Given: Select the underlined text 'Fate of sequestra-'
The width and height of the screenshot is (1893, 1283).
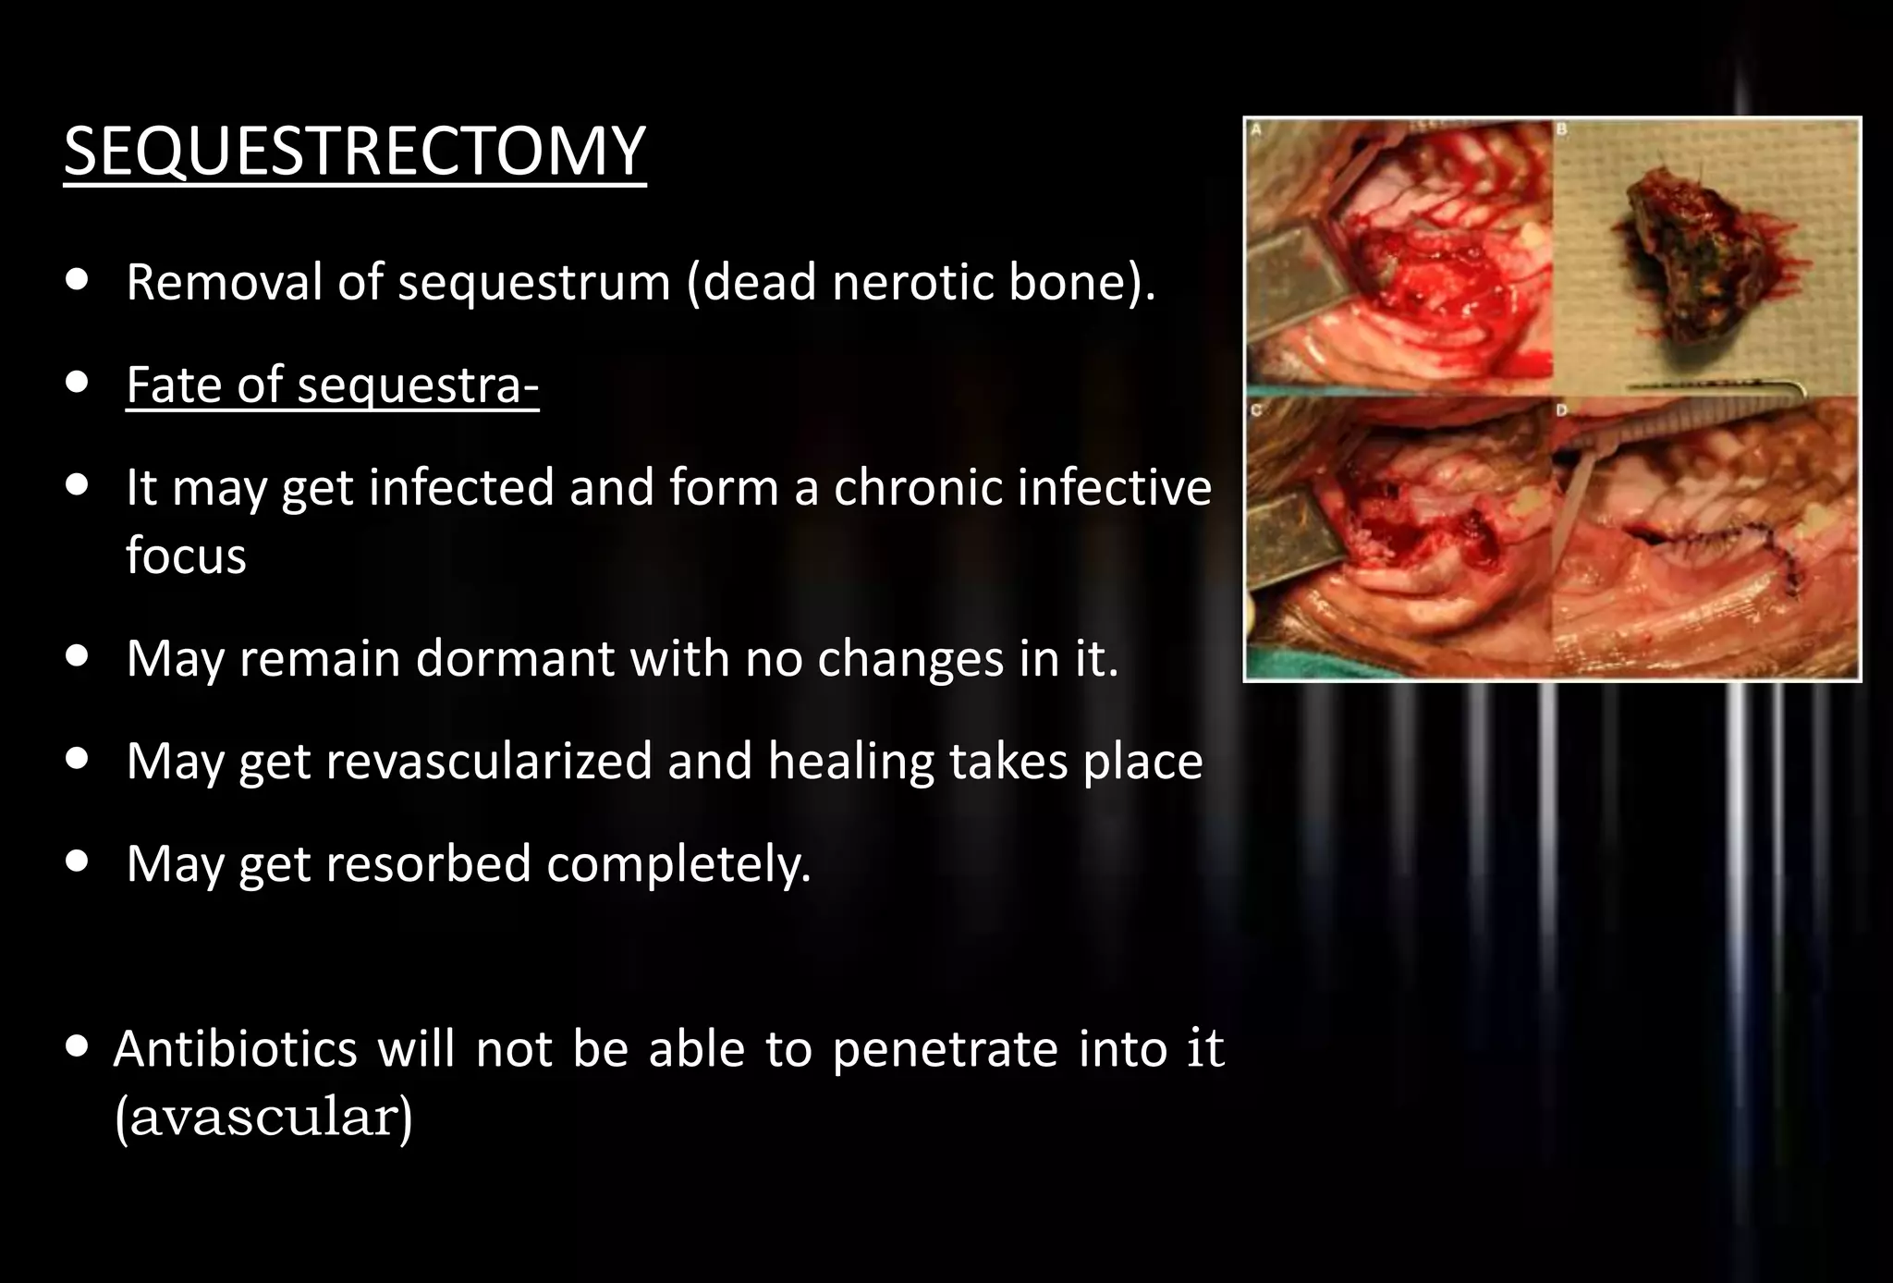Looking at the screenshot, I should click(332, 385).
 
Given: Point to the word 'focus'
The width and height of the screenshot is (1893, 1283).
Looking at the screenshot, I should click(186, 556).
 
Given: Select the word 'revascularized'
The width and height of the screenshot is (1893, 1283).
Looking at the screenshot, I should click(489, 762).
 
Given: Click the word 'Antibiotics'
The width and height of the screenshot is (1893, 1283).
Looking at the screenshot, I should click(235, 1049).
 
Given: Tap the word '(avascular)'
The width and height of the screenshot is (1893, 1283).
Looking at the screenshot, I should click(263, 1118).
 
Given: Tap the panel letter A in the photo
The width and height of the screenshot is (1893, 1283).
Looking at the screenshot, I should click(1256, 131).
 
